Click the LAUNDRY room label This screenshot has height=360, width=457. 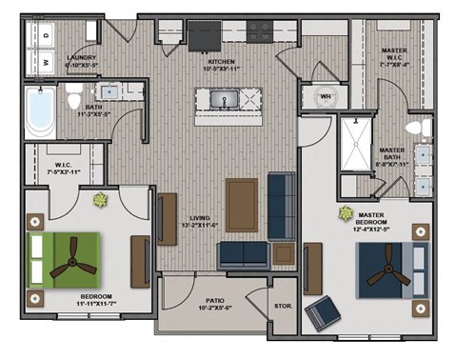(x=80, y=59)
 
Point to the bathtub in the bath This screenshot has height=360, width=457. (x=41, y=112)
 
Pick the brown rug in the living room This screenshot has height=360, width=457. (x=242, y=204)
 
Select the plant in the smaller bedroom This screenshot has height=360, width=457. (x=100, y=199)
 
